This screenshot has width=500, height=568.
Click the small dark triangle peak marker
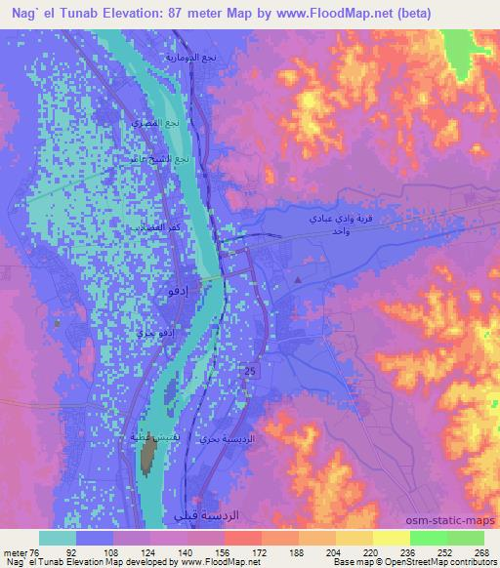point(299,281)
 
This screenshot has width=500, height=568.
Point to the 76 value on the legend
point(38,551)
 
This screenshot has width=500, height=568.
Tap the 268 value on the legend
point(479,551)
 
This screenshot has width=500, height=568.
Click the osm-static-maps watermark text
point(457,520)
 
